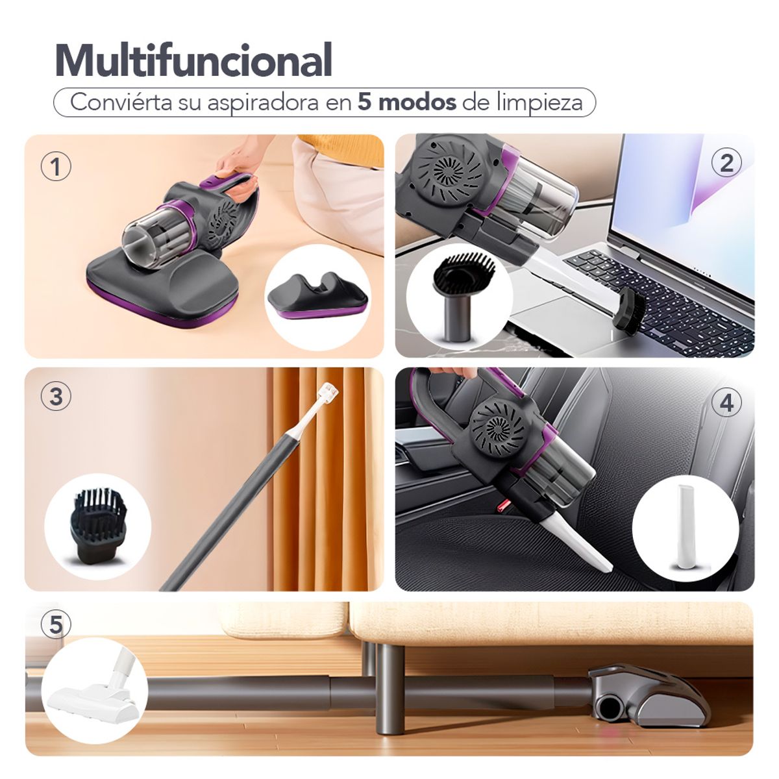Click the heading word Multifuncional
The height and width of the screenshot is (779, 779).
193,60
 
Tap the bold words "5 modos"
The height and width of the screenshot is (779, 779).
406,103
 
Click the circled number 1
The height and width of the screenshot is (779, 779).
56,167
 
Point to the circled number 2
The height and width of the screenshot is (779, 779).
726,164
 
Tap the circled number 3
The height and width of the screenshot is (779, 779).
56,396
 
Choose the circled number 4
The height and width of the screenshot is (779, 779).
726,403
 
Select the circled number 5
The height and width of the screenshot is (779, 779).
56,624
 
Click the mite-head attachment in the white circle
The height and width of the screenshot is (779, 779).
317,295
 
